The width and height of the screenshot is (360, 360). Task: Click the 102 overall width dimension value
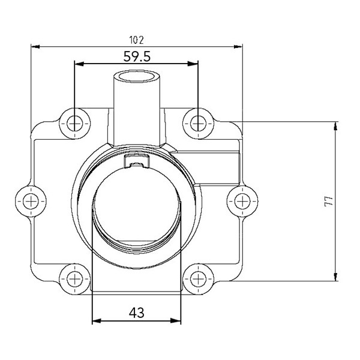[x=136, y=40]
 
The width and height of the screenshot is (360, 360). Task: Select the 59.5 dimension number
[x=136, y=56]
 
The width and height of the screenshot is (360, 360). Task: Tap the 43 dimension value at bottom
[x=136, y=313]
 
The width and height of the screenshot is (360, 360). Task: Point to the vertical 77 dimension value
[x=326, y=201]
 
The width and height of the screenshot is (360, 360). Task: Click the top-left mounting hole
[x=74, y=123]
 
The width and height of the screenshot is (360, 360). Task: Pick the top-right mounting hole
[x=198, y=123]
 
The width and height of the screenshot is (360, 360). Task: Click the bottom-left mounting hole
[x=74, y=278]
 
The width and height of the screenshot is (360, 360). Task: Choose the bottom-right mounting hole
[x=198, y=278]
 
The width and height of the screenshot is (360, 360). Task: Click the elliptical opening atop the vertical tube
[x=137, y=77]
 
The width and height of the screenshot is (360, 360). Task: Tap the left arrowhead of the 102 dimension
[x=35, y=47]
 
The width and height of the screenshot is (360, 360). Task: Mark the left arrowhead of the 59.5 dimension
[x=77, y=64]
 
